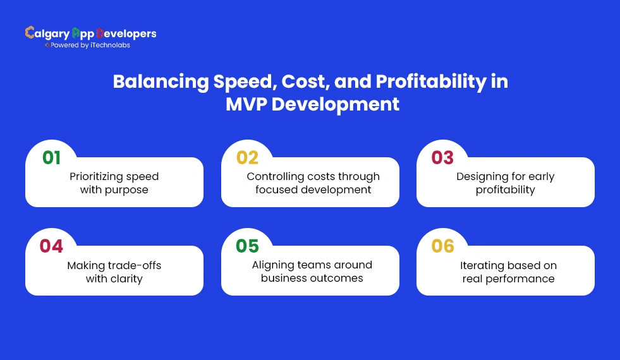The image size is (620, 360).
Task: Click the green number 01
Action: (x=52, y=157)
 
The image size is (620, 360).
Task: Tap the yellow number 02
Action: (x=247, y=157)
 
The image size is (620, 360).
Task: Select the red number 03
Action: (x=443, y=157)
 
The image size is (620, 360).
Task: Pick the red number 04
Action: (x=52, y=246)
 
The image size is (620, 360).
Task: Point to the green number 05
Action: (x=247, y=246)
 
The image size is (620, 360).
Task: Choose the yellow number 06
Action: (x=443, y=246)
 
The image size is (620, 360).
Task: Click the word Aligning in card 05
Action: (x=273, y=265)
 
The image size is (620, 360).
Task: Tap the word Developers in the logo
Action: (x=126, y=33)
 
